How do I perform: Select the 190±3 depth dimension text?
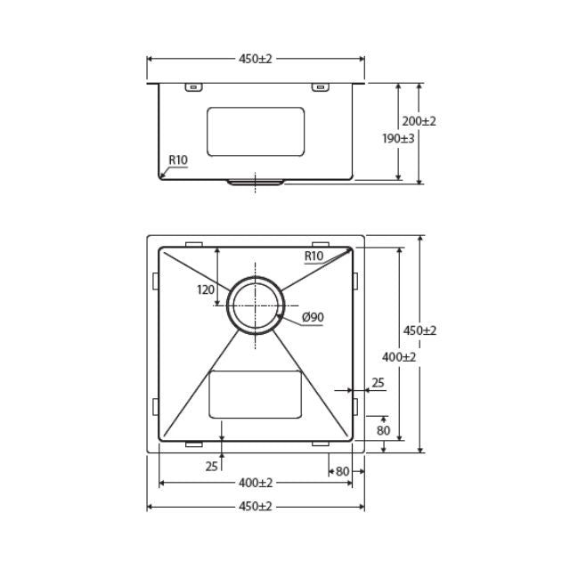tap(397, 139)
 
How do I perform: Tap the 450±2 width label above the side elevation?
tap(255, 59)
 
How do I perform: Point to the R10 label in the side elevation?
tap(178, 160)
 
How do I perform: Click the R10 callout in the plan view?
tap(313, 256)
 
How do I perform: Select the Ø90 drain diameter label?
tap(313, 318)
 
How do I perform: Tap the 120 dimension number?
tap(206, 289)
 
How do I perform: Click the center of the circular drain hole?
tap(256, 304)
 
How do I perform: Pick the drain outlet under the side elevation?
tap(256, 182)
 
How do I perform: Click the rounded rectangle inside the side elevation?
tap(256, 132)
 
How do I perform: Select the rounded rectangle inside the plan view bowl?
tap(256, 394)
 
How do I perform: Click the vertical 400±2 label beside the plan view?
tap(399, 356)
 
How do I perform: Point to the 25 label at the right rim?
tap(378, 383)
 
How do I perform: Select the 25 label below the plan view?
tap(211, 466)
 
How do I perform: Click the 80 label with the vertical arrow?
tap(383, 431)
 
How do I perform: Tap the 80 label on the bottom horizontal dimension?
tap(342, 470)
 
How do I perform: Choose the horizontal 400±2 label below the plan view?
tap(255, 484)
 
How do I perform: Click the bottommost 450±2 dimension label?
tap(255, 506)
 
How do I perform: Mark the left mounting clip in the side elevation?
tap(192, 87)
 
